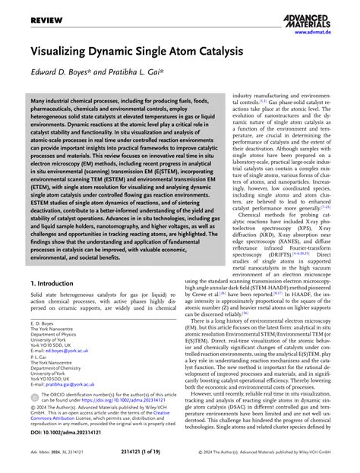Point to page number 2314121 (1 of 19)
click(181, 460)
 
